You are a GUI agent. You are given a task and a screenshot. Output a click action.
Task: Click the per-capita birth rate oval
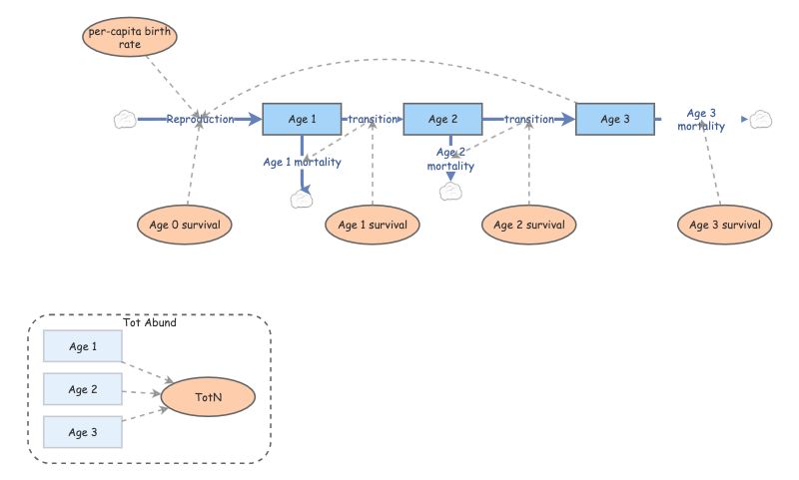[129, 38]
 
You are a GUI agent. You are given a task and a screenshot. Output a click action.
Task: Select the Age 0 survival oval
[185, 225]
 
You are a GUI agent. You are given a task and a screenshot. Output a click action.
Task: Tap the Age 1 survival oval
[373, 226]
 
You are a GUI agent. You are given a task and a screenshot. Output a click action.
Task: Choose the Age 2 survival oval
[528, 225]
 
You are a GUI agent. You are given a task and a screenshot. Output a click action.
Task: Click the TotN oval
[209, 397]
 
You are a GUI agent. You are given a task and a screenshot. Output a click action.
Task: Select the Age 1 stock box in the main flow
[302, 119]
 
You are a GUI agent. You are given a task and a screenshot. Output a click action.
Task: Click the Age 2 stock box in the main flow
[442, 119]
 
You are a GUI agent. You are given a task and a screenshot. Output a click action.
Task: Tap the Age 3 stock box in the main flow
[615, 119]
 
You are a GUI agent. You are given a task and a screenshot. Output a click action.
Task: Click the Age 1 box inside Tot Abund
[83, 346]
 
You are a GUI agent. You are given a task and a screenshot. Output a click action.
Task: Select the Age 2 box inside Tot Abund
[83, 389]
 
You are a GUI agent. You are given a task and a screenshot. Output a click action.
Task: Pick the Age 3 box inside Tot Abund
[83, 432]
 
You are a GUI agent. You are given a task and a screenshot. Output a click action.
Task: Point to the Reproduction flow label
[200, 119]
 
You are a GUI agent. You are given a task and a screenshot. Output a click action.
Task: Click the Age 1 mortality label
[302, 162]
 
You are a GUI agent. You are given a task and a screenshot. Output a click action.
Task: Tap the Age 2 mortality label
[450, 159]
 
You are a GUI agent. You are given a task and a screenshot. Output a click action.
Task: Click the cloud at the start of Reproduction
[125, 119]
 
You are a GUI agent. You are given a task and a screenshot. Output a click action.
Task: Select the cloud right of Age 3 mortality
[761, 119]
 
